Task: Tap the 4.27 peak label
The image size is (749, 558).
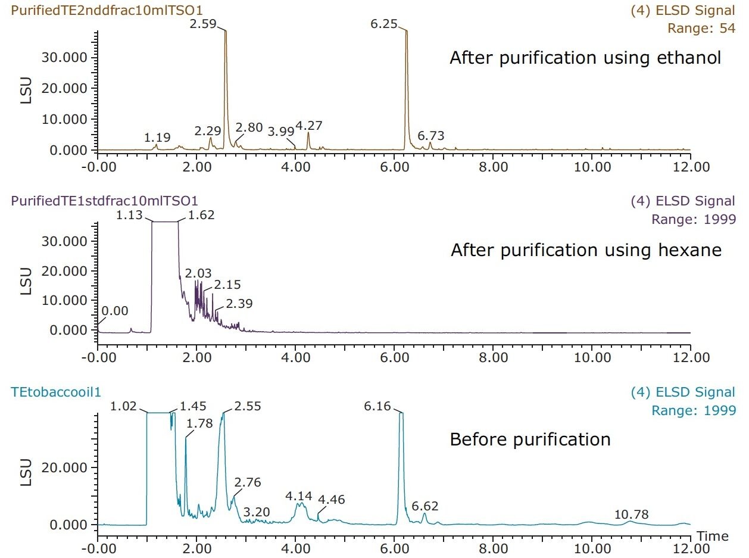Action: pos(308,126)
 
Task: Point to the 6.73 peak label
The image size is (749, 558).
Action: pos(430,136)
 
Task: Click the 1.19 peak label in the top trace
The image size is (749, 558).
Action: pos(157,138)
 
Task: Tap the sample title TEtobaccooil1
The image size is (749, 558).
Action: pos(56,392)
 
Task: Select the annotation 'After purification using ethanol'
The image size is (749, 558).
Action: pos(585,58)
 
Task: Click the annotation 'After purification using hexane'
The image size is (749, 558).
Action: pos(586,250)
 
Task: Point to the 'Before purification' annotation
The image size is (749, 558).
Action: pos(530,439)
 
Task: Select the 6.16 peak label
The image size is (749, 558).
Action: pos(377,406)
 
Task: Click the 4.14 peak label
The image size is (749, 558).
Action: pos(299,495)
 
